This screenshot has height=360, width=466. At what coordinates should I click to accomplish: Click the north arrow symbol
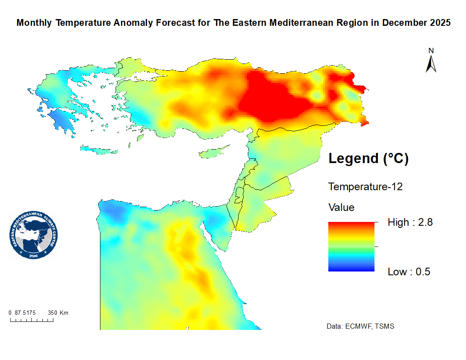click(x=431, y=64)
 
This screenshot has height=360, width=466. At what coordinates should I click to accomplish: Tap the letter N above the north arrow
click(x=431, y=51)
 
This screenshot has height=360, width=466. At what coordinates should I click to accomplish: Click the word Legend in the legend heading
click(x=353, y=159)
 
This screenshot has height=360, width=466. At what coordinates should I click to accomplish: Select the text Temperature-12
click(x=365, y=186)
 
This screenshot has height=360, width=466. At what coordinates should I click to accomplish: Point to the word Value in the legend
click(x=341, y=208)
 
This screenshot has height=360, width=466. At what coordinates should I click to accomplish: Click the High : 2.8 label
click(x=410, y=222)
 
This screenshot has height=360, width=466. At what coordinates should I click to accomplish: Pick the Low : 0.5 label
click(x=409, y=272)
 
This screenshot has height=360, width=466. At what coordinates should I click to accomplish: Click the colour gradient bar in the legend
click(x=351, y=246)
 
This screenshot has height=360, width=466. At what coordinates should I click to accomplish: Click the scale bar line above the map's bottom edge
click(x=32, y=320)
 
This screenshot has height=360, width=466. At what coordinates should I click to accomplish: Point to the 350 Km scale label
click(x=58, y=313)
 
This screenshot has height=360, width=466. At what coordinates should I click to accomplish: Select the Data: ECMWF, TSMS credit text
click(x=361, y=327)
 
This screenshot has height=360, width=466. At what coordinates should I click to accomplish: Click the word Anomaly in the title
click(x=136, y=23)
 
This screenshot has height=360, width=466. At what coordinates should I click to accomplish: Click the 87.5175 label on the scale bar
click(x=25, y=313)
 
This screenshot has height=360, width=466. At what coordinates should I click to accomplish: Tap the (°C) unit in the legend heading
click(x=396, y=159)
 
